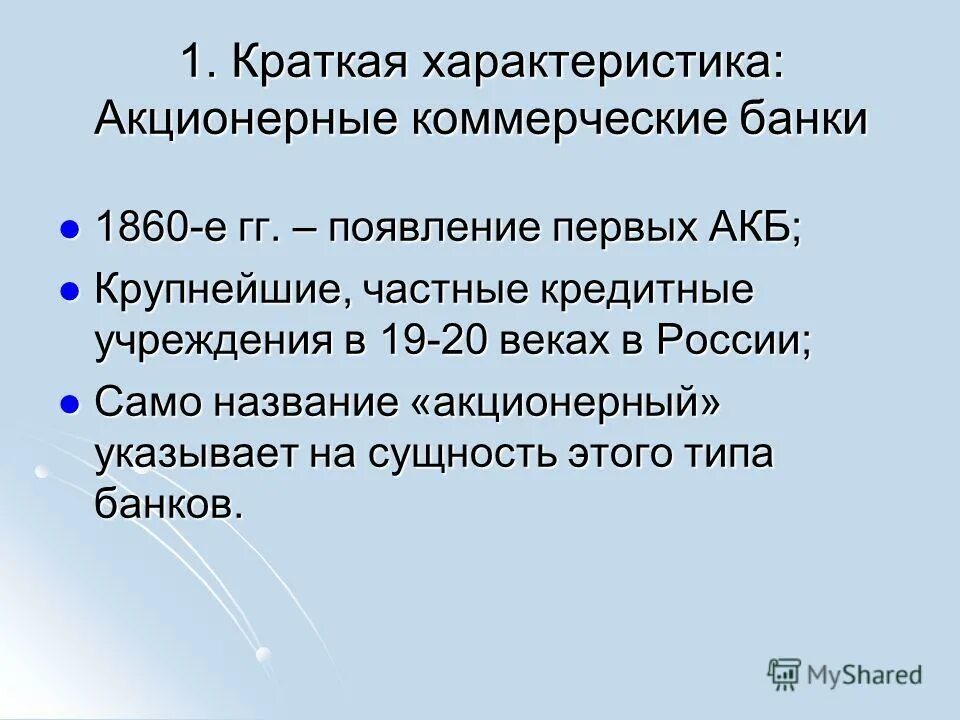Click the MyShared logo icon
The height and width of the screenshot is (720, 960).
click(x=785, y=674)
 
